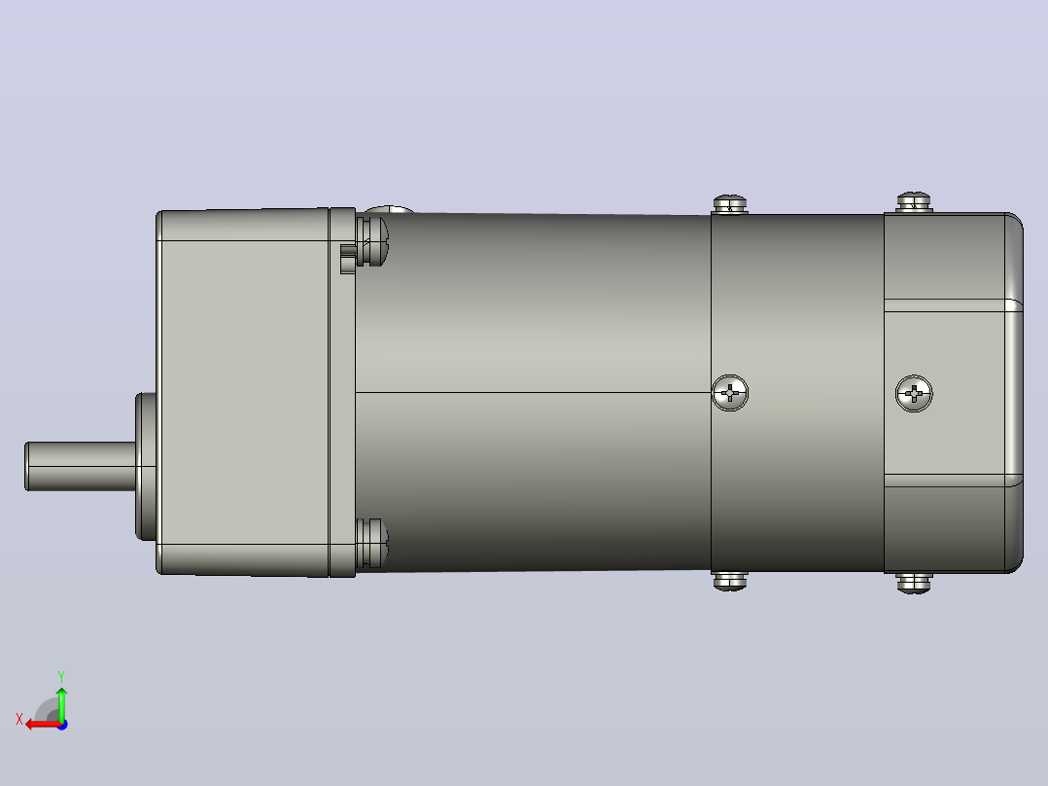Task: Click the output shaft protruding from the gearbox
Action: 80,466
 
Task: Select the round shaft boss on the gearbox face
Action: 146,466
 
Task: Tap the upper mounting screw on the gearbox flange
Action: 371,241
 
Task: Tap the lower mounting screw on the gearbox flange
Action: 371,543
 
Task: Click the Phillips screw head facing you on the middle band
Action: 730,393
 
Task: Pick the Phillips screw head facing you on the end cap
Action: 914,393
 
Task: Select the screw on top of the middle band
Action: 730,204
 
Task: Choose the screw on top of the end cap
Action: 914,202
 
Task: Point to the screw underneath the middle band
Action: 730,582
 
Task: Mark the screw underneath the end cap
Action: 914,583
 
